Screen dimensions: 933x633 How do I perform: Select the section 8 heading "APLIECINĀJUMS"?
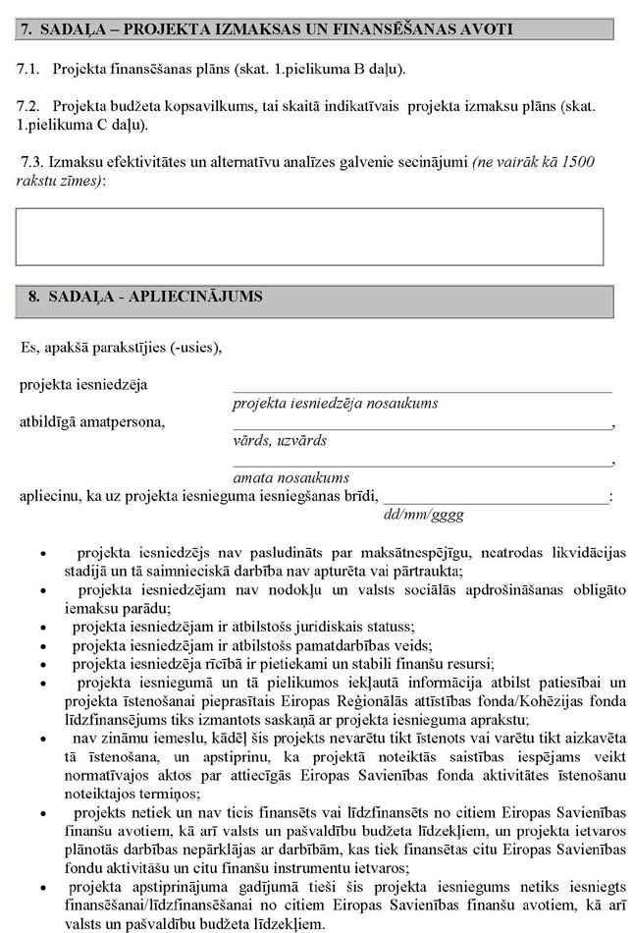click(x=195, y=296)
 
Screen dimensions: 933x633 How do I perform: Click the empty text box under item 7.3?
click(x=310, y=237)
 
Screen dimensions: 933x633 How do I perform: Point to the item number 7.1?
click(x=27, y=71)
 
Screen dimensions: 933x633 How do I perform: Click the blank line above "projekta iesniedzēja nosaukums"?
click(x=422, y=390)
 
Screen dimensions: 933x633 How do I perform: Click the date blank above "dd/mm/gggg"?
click(x=496, y=501)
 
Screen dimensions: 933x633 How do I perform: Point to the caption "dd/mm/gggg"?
click(x=422, y=514)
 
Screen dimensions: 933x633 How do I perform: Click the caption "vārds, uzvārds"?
click(x=280, y=441)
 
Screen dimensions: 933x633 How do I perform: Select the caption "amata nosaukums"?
click(x=291, y=477)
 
